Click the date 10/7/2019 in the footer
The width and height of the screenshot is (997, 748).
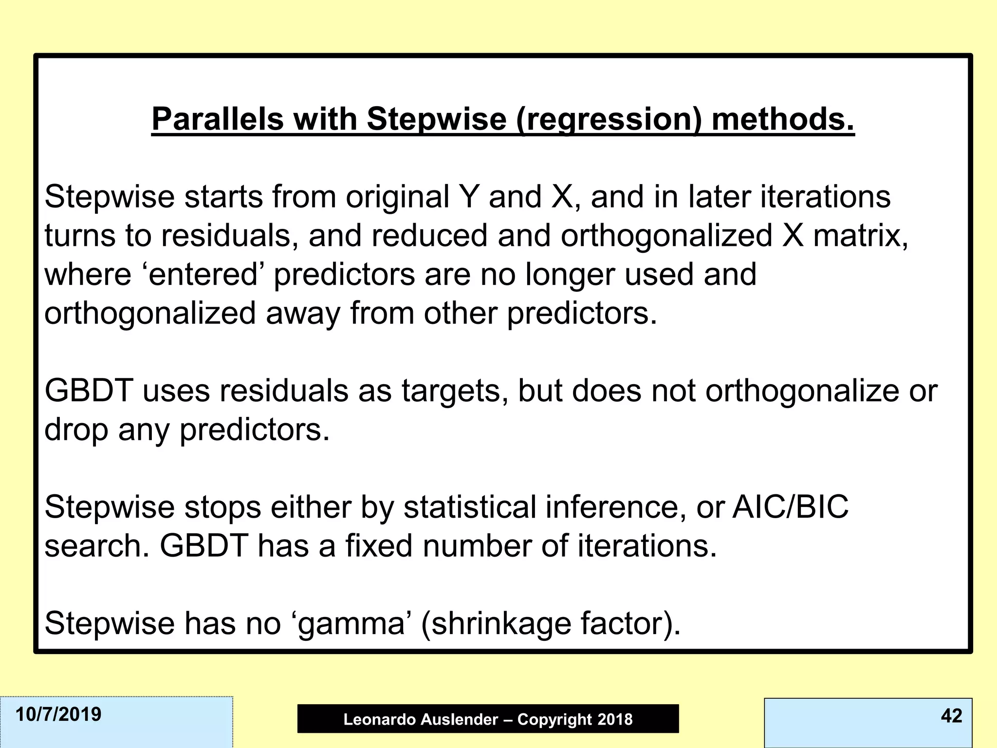coord(58,714)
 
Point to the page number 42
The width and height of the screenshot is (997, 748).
coord(951,715)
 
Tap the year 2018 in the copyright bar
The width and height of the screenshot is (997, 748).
coord(615,719)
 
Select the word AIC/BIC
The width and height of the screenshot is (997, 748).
coord(791,506)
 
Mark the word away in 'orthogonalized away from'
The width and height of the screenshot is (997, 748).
coord(303,313)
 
